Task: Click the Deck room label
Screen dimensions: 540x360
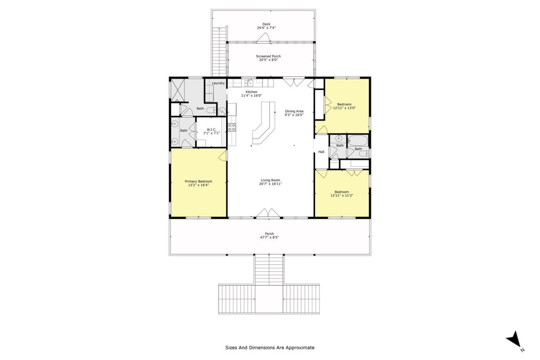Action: coord(266,24)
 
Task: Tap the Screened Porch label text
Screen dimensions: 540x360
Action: coord(268,56)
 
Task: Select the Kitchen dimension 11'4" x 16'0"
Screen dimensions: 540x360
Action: coord(252,95)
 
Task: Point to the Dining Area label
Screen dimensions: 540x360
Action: coord(294,111)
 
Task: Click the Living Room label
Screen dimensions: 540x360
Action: coord(270,180)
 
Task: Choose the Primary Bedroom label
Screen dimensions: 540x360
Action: coord(198,181)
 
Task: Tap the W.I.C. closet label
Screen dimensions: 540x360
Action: coord(211,130)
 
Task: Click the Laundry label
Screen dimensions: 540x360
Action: coord(218,83)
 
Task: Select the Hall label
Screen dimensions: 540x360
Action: coord(321,152)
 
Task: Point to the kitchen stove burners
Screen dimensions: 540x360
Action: coord(232,127)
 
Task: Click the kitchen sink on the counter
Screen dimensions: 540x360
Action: coord(249,83)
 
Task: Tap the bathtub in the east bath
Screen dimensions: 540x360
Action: coord(358,140)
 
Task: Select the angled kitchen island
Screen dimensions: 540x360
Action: coord(265,122)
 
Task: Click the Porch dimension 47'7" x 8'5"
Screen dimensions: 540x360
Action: coord(269,237)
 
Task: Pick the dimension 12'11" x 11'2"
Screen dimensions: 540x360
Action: coord(342,196)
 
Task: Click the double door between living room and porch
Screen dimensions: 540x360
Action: coord(268,213)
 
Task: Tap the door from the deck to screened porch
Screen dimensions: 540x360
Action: coord(263,38)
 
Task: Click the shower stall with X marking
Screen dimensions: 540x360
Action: coord(178,90)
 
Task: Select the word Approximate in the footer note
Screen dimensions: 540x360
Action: coord(300,347)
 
